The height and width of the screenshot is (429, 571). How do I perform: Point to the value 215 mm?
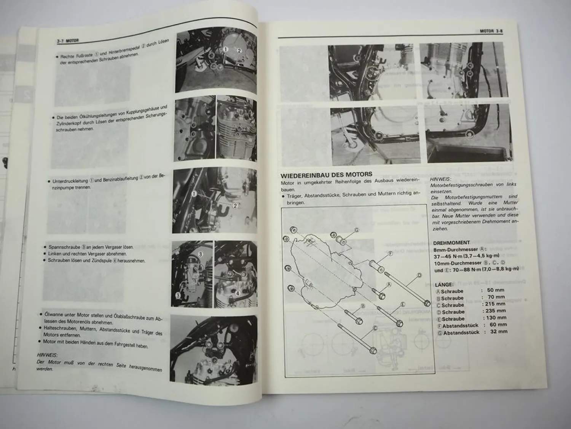494,304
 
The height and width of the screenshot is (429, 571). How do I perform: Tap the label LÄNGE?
443,284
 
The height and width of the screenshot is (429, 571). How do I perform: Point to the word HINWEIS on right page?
440,178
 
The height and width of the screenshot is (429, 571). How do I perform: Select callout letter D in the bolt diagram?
419,275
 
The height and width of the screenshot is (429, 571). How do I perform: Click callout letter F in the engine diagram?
390,253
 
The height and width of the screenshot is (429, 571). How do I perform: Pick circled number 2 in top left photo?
239,50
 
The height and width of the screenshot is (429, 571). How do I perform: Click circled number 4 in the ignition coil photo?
237,293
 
